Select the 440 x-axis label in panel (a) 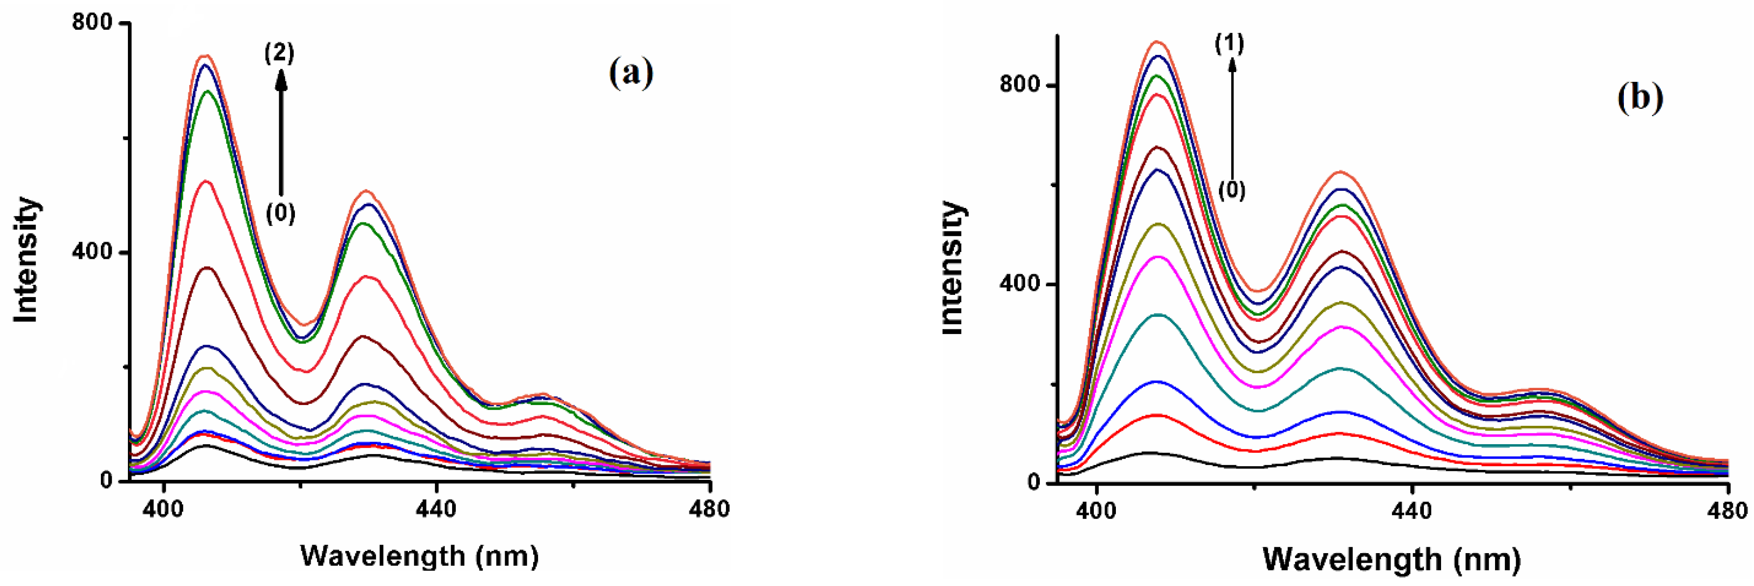[x=436, y=509]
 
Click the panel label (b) [x=1640, y=97]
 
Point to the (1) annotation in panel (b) [x=1230, y=44]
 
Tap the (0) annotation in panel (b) [x=1231, y=190]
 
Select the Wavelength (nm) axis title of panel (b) [x=1392, y=559]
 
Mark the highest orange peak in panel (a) [x=206, y=56]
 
